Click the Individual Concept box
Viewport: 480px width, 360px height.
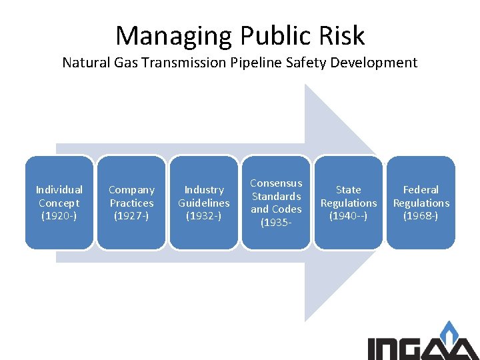(59, 203)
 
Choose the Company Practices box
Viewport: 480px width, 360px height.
(131, 203)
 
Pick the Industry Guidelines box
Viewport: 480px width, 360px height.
(204, 203)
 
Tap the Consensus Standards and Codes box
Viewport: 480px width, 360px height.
(276, 203)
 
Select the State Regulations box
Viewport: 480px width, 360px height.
(349, 203)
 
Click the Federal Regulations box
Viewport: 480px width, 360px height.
(421, 203)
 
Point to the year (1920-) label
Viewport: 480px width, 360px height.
(59, 216)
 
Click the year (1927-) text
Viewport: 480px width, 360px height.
(131, 216)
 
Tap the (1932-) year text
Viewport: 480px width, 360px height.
(204, 216)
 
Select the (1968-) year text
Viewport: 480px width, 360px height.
(421, 216)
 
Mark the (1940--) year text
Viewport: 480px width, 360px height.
(349, 216)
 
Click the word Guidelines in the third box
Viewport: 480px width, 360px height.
(204, 203)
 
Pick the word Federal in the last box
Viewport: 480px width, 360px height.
(421, 190)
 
